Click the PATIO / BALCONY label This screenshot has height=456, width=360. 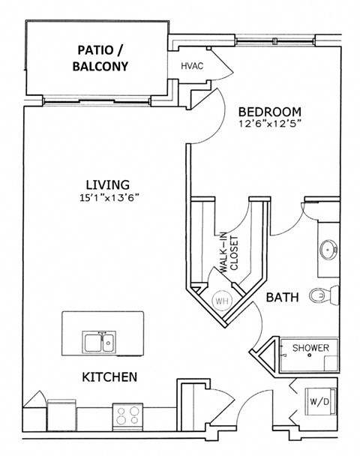click(x=103, y=58)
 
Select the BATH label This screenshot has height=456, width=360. click(x=283, y=298)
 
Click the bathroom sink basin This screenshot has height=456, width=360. click(x=328, y=249)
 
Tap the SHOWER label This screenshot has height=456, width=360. click(x=310, y=348)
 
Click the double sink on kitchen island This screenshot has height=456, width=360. click(x=99, y=343)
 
